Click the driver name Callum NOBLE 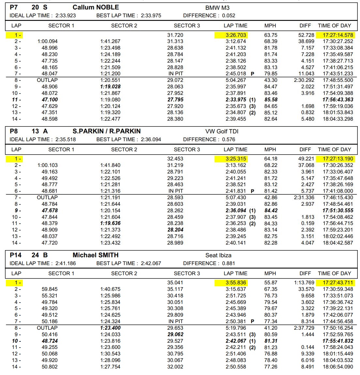tap(96, 7)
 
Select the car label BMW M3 tap(217, 7)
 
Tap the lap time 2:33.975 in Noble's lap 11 tap(236, 100)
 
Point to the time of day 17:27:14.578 tap(338, 35)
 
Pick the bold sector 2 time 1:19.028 tap(110, 87)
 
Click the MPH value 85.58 tap(271, 100)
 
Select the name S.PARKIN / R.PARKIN tap(107, 131)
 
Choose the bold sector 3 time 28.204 tap(175, 230)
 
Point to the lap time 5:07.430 tap(236, 198)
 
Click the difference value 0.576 tap(229, 140)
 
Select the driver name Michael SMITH tap(96, 255)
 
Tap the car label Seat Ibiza tap(218, 255)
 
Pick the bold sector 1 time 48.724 tap(50, 341)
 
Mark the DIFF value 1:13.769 tap(304, 283)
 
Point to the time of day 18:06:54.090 tap(338, 367)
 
